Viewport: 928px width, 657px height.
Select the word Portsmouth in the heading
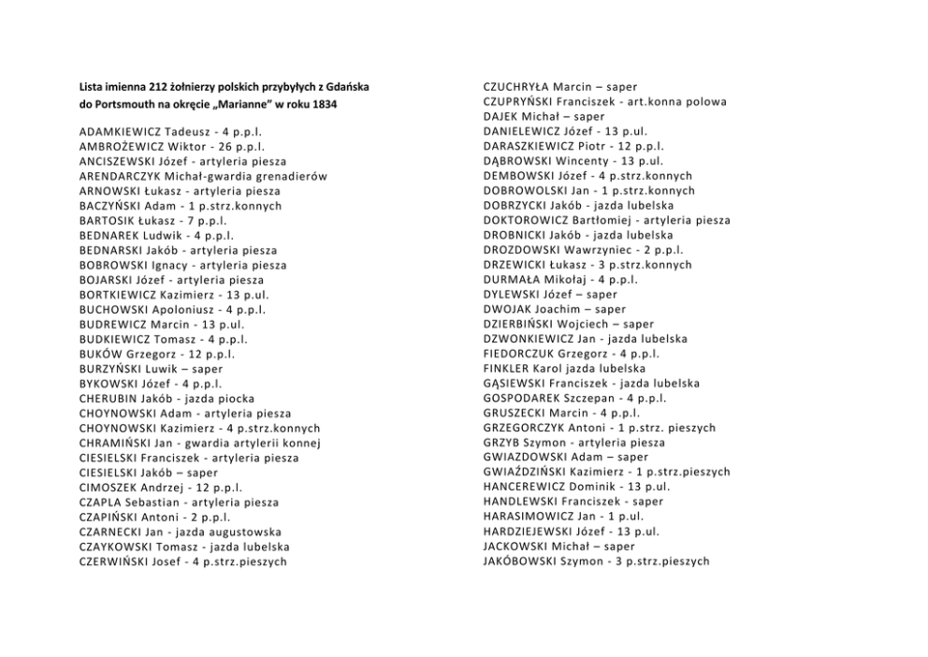click(130, 104)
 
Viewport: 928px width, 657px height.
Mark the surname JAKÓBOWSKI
click(520, 562)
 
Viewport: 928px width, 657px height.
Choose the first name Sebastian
click(150, 503)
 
